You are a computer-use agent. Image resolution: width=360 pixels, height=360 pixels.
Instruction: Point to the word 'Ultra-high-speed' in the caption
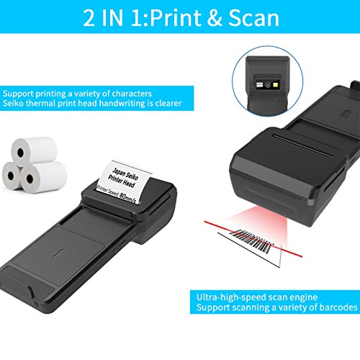225,296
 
